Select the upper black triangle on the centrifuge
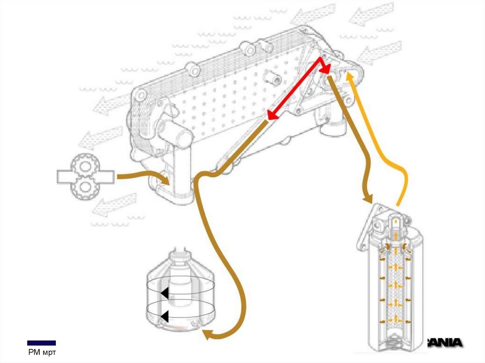tap(164, 293)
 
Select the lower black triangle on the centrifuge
tap(164, 316)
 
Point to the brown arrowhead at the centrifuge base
tap(207, 335)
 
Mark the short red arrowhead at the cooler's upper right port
tap(326, 70)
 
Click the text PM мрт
tap(41, 353)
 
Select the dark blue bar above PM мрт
tap(41, 343)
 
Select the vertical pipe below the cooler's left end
tap(183, 170)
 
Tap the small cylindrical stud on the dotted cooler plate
tap(272, 76)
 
